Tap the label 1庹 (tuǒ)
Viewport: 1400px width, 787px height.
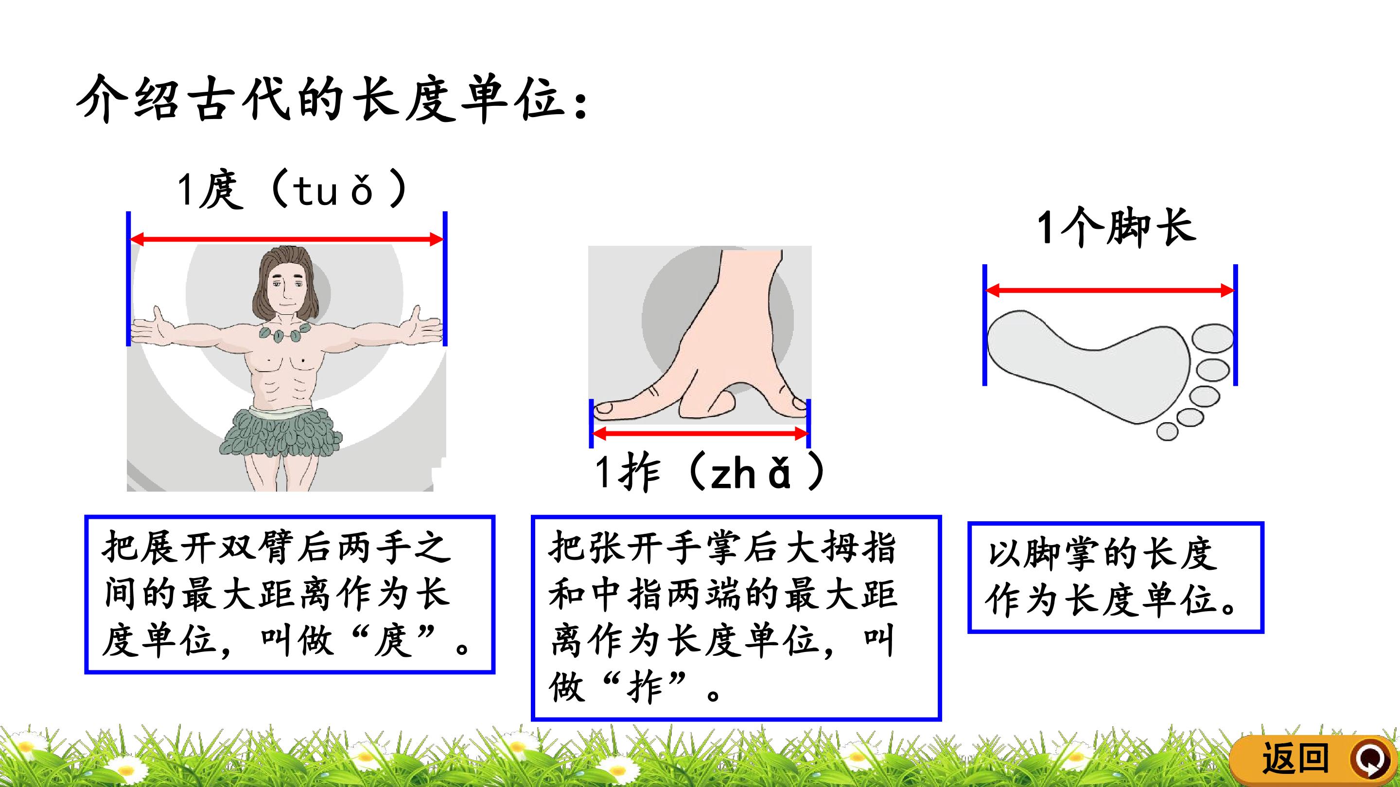point(292,189)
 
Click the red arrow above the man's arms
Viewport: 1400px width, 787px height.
point(287,239)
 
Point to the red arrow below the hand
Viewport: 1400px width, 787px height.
point(700,433)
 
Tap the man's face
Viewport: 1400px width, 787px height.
point(285,288)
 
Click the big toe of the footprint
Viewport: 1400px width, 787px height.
point(1212,339)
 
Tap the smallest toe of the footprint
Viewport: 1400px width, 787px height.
point(1167,432)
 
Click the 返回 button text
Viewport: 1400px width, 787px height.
point(1295,758)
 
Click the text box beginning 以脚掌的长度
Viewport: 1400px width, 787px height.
point(1116,578)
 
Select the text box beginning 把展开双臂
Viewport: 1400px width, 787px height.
point(290,595)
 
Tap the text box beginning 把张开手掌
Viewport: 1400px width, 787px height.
point(736,618)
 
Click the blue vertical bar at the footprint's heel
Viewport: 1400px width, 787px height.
point(985,325)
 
